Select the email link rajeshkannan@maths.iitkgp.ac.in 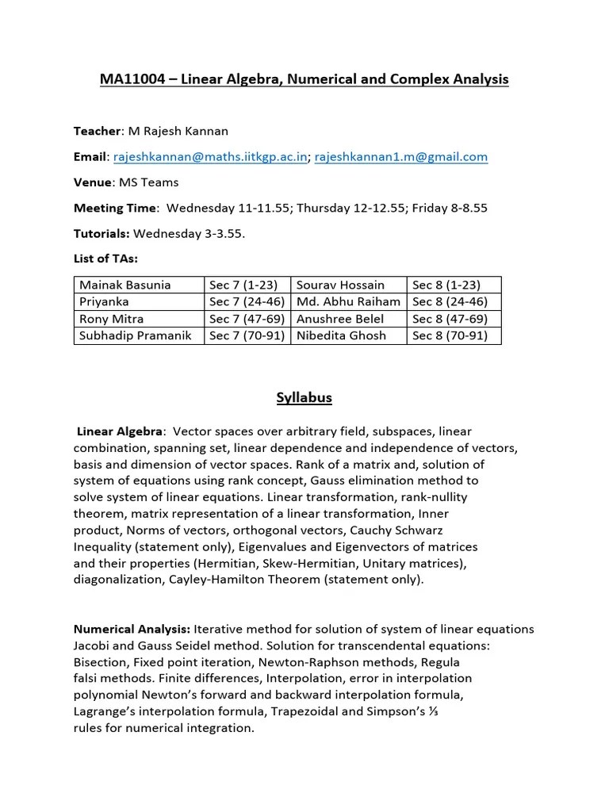210,157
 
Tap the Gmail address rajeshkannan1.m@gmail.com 400,157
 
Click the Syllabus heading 304,398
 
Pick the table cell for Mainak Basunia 125,285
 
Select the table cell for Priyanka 104,301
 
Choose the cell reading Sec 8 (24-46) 450,301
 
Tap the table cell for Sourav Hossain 340,285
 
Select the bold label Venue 93,182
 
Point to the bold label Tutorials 101,234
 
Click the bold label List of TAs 105,259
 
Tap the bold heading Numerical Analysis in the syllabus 132,630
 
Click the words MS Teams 149,182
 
